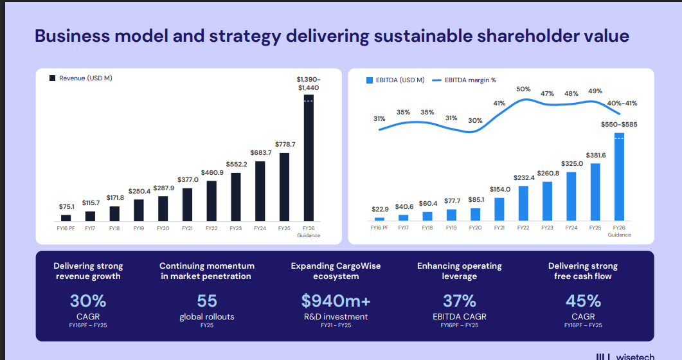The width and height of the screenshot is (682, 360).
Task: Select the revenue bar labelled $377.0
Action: [x=187, y=204]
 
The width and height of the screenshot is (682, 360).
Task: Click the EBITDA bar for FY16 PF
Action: [x=379, y=219]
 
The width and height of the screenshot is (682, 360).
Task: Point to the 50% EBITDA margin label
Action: [x=523, y=89]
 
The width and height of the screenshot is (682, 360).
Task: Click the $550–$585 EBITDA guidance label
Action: [x=618, y=124]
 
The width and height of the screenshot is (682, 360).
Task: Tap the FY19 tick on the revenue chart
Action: [x=138, y=228]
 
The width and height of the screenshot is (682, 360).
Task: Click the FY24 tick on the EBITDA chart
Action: [x=571, y=228]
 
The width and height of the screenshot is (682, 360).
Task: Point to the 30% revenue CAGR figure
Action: [x=88, y=301]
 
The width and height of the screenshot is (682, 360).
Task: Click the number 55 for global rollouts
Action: [x=207, y=301]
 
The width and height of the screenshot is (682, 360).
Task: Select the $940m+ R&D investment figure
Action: [x=336, y=301]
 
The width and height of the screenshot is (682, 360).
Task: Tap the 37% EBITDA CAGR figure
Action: [x=460, y=301]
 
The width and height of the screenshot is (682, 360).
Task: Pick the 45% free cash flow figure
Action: [x=583, y=301]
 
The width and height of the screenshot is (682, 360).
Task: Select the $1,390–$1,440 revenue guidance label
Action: [x=309, y=83]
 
